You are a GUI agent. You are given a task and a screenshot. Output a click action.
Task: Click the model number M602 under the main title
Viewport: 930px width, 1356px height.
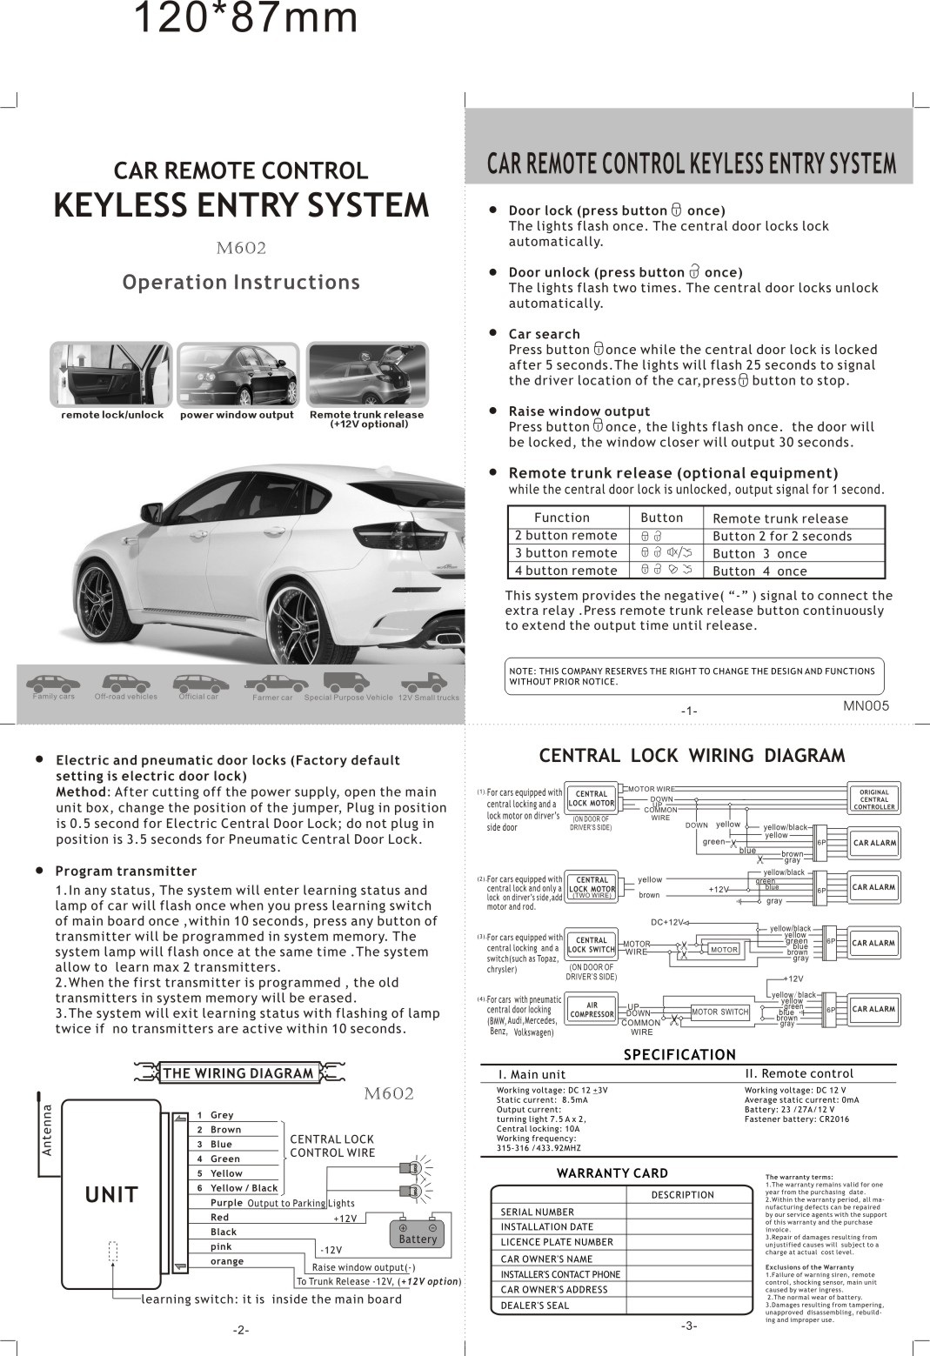coord(240,248)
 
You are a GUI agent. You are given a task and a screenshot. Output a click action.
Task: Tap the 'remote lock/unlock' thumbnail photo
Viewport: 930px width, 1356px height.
coord(111,374)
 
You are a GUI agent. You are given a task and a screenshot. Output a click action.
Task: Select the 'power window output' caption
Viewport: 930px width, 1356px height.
coord(237,415)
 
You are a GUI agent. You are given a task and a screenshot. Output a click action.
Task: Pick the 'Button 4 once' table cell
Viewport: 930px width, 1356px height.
coord(759,571)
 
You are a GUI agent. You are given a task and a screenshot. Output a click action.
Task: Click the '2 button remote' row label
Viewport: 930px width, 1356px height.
coord(565,536)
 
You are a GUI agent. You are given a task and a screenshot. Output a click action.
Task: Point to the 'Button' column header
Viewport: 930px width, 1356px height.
coord(661,518)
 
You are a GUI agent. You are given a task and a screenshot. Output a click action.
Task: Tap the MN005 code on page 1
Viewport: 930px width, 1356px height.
coord(866,706)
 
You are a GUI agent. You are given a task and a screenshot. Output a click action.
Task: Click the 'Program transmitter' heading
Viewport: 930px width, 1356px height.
coord(126,872)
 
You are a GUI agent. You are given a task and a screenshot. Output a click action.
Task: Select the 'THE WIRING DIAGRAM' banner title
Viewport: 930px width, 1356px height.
coord(238,1073)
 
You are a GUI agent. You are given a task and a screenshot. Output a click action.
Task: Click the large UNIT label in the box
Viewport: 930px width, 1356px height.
coord(111,1195)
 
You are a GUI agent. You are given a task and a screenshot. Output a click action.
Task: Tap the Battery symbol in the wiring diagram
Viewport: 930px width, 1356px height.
coord(418,1233)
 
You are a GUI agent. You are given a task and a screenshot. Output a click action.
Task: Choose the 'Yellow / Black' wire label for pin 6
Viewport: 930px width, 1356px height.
coord(244,1188)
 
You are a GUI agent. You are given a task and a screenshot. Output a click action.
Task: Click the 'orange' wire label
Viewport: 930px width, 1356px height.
coord(227,1261)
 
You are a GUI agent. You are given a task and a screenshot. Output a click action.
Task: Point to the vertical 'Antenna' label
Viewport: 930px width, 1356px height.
coord(48,1130)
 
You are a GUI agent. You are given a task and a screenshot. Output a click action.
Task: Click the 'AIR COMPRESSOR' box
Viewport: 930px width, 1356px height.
coord(592,1010)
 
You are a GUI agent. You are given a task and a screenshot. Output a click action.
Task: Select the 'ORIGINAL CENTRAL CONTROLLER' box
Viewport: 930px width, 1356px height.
coord(873,799)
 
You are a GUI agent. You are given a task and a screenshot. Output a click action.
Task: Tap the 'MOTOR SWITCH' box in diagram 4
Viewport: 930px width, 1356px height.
coord(719,1012)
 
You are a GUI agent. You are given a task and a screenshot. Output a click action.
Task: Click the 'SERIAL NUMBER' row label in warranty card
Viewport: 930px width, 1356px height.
coord(537,1212)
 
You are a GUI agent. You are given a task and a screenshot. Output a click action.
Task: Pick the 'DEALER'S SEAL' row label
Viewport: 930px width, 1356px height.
coord(534,1306)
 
